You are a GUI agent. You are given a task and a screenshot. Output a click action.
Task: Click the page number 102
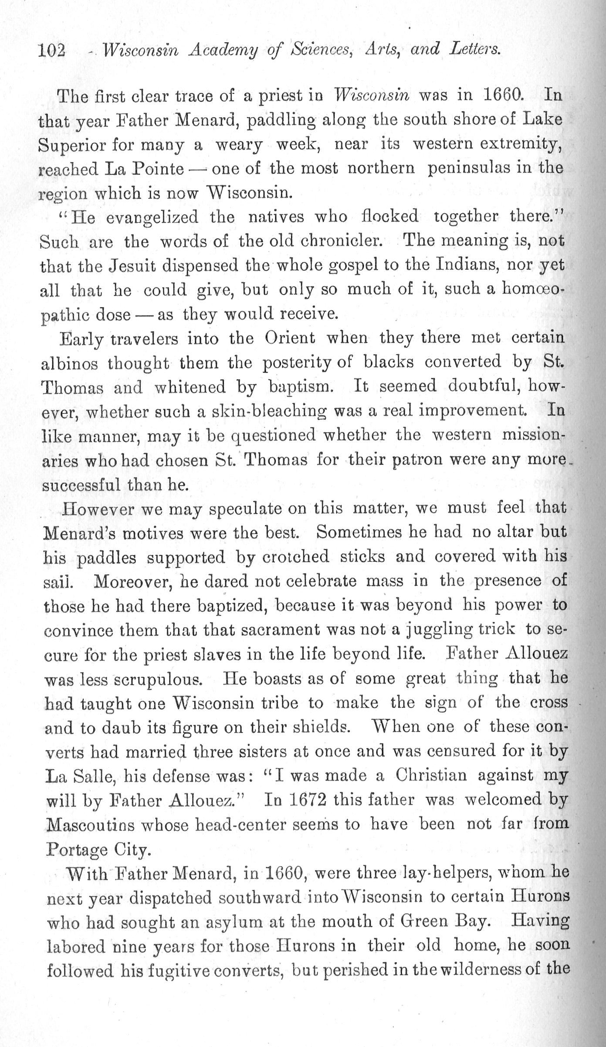[52, 51]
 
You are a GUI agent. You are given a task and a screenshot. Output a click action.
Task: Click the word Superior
[71, 145]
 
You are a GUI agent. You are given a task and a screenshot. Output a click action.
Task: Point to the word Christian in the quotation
[431, 775]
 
